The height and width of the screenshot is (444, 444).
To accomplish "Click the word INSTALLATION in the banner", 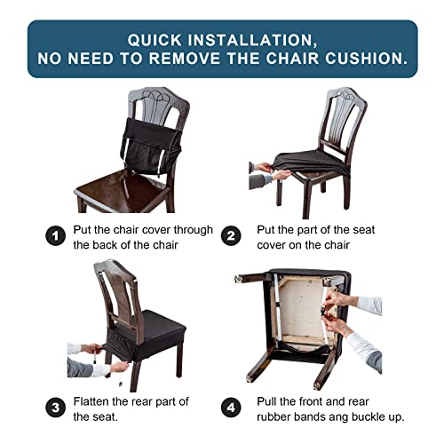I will (258, 40).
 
